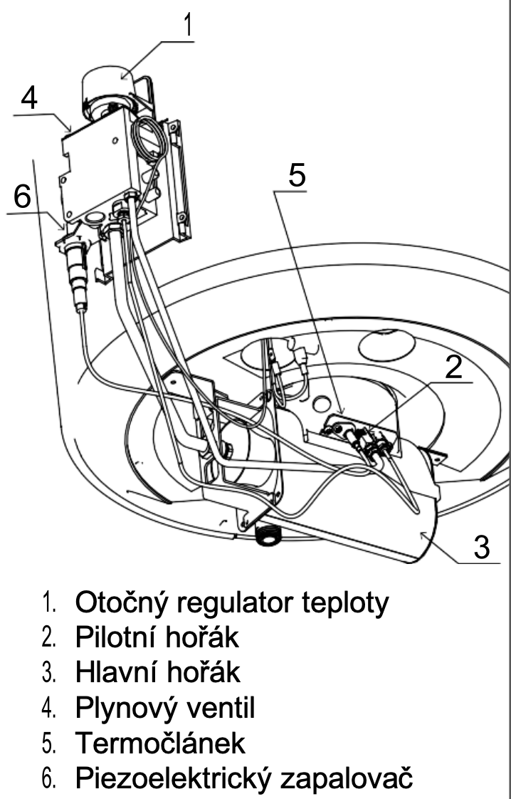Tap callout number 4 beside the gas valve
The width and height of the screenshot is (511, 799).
click(29, 98)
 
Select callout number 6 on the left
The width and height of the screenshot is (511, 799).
click(22, 196)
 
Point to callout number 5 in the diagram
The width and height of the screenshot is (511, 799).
click(297, 174)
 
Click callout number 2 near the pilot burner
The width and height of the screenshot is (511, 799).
click(453, 366)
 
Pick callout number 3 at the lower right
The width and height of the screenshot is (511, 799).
click(481, 547)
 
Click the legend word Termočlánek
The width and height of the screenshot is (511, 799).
click(160, 743)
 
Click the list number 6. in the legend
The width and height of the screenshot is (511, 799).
click(49, 778)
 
